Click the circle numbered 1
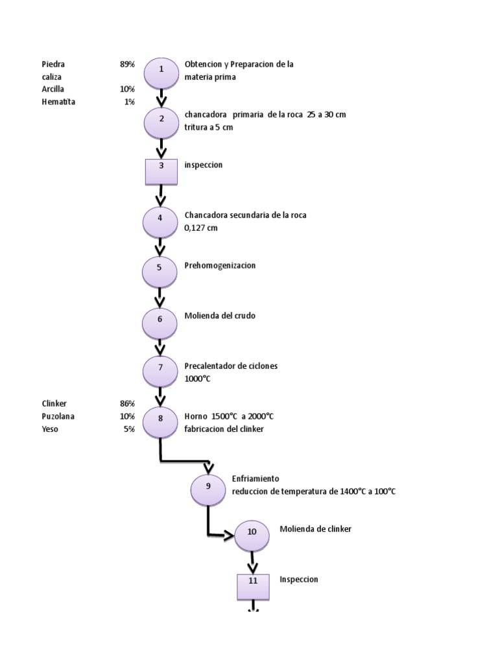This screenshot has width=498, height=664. coord(160,73)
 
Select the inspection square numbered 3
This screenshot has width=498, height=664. coord(160,171)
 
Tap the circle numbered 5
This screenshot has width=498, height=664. coord(160,272)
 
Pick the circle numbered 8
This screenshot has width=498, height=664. coord(160,422)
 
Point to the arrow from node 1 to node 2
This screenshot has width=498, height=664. coord(161,97)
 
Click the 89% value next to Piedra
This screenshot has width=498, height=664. coord(127,64)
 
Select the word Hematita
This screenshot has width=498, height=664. coord(58,102)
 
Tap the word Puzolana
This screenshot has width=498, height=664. coord(58,416)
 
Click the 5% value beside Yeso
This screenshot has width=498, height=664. coord(129,429)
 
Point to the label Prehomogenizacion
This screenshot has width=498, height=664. coord(220,265)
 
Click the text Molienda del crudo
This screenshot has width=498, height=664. coord(220,316)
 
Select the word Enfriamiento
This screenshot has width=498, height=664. coord(255,479)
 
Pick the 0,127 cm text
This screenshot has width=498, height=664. coord(202,228)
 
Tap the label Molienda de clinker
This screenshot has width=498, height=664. coord(315,529)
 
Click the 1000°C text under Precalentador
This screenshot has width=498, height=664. coord(198,379)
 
